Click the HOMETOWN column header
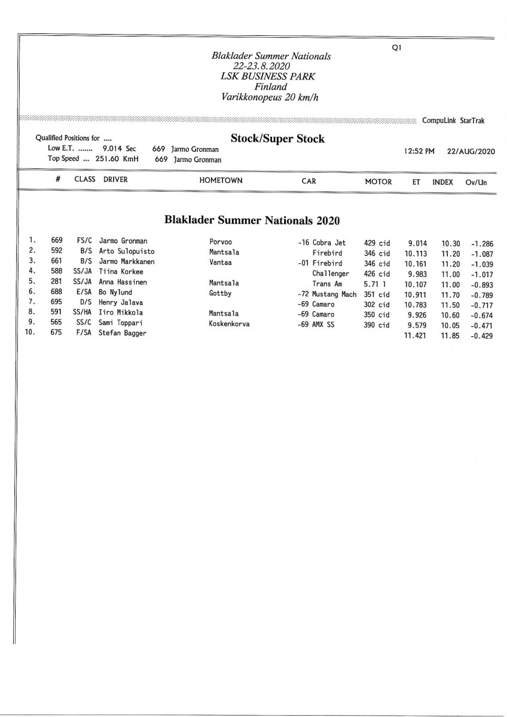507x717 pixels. tap(221, 181)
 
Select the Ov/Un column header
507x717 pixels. tap(476, 182)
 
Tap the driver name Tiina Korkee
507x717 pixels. tap(121, 272)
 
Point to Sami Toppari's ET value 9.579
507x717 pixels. tap(417, 324)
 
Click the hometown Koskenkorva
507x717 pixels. tap(230, 324)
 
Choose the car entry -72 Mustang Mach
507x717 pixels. tap(326, 293)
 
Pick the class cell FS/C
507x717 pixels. tap(84, 243)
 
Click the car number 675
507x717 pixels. tap(57, 333)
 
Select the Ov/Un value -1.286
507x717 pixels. tap(481, 244)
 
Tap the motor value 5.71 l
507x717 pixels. tap(377, 283)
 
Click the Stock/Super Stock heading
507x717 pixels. tap(277, 139)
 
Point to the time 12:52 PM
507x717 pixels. tap(419, 152)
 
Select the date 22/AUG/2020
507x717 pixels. tap(471, 152)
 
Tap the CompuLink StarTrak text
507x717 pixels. tap(453, 121)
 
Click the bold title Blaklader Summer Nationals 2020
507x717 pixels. tap(252, 220)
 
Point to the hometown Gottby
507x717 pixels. tap(220, 293)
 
